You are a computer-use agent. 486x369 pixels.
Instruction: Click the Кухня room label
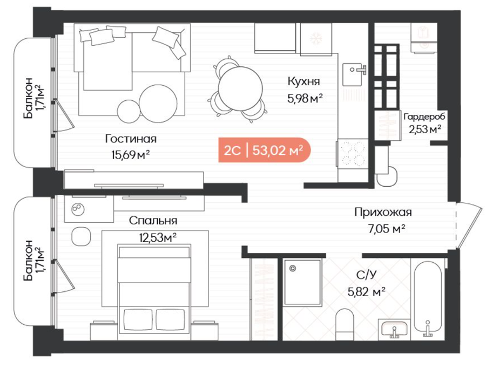click(x=303, y=81)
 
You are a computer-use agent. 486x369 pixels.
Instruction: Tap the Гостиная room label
click(x=131, y=139)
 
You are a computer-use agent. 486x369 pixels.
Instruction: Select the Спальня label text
click(x=153, y=221)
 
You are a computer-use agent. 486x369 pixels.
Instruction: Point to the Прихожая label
click(x=383, y=213)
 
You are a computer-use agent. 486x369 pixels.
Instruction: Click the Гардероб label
click(x=424, y=117)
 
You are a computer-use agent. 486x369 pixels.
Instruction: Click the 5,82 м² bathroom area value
click(x=367, y=292)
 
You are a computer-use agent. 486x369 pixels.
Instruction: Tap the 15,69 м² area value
click(x=131, y=154)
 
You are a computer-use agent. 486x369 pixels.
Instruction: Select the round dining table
click(x=240, y=88)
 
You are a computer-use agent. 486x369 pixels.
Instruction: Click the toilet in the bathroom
click(x=345, y=324)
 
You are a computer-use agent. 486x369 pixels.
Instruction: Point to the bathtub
click(x=428, y=299)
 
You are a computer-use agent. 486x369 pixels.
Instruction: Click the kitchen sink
click(x=354, y=74)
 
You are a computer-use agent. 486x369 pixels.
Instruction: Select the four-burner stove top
click(x=352, y=154)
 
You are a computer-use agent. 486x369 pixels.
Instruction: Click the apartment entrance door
click(x=469, y=225)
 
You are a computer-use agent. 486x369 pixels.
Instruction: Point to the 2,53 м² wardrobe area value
click(x=425, y=129)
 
